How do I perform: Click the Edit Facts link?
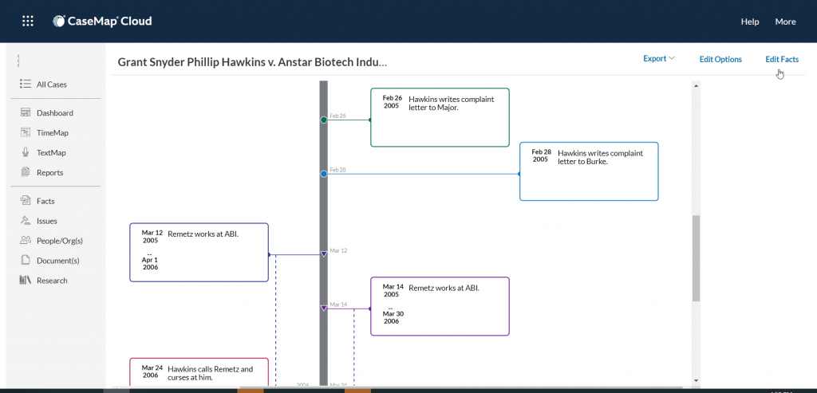[782, 59]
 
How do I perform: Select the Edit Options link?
[720, 59]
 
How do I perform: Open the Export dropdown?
[658, 59]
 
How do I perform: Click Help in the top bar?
[750, 22]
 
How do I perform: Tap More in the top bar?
[785, 22]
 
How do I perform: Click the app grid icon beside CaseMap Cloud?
[28, 22]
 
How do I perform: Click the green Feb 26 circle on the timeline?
[324, 120]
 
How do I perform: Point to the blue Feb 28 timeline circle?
[324, 174]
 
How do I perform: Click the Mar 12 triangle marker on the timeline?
[324, 254]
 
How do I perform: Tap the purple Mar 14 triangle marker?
[324, 309]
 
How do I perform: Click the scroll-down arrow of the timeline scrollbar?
[696, 380]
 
